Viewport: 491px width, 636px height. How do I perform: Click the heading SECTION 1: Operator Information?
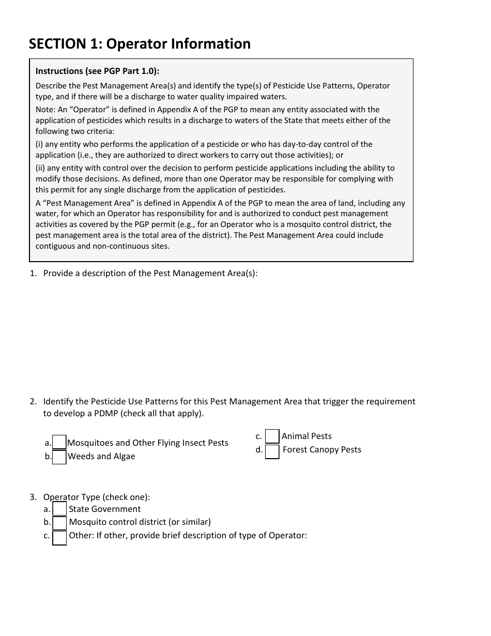coord(140,44)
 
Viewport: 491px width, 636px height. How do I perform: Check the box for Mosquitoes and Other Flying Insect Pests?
coord(59,443)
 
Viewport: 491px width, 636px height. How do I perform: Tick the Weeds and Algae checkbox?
coord(59,457)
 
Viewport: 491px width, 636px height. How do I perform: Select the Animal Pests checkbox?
coord(272,436)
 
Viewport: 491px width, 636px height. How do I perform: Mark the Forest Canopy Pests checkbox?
coord(272,451)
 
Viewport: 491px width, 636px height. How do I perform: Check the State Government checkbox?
coord(60,509)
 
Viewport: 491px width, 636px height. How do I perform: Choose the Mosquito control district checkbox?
coord(60,523)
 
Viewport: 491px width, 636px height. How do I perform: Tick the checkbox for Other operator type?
coord(60,538)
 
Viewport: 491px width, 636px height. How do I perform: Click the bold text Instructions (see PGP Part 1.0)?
coord(97,71)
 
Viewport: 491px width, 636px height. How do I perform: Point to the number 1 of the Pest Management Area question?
coord(33,273)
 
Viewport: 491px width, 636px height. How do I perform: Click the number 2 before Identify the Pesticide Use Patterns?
coord(33,401)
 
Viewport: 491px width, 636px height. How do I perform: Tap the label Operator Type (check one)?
coord(97,497)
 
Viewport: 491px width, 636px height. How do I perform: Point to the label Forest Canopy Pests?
coord(322,449)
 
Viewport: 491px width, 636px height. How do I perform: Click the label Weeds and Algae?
coord(101,456)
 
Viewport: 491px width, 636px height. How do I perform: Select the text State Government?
coord(105,509)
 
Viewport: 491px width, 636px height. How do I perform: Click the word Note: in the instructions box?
coord(45,110)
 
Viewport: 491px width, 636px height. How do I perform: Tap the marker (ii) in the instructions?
coord(40,168)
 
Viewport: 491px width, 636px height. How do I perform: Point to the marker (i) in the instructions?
coord(39,144)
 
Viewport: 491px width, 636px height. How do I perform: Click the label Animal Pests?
coord(306,436)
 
